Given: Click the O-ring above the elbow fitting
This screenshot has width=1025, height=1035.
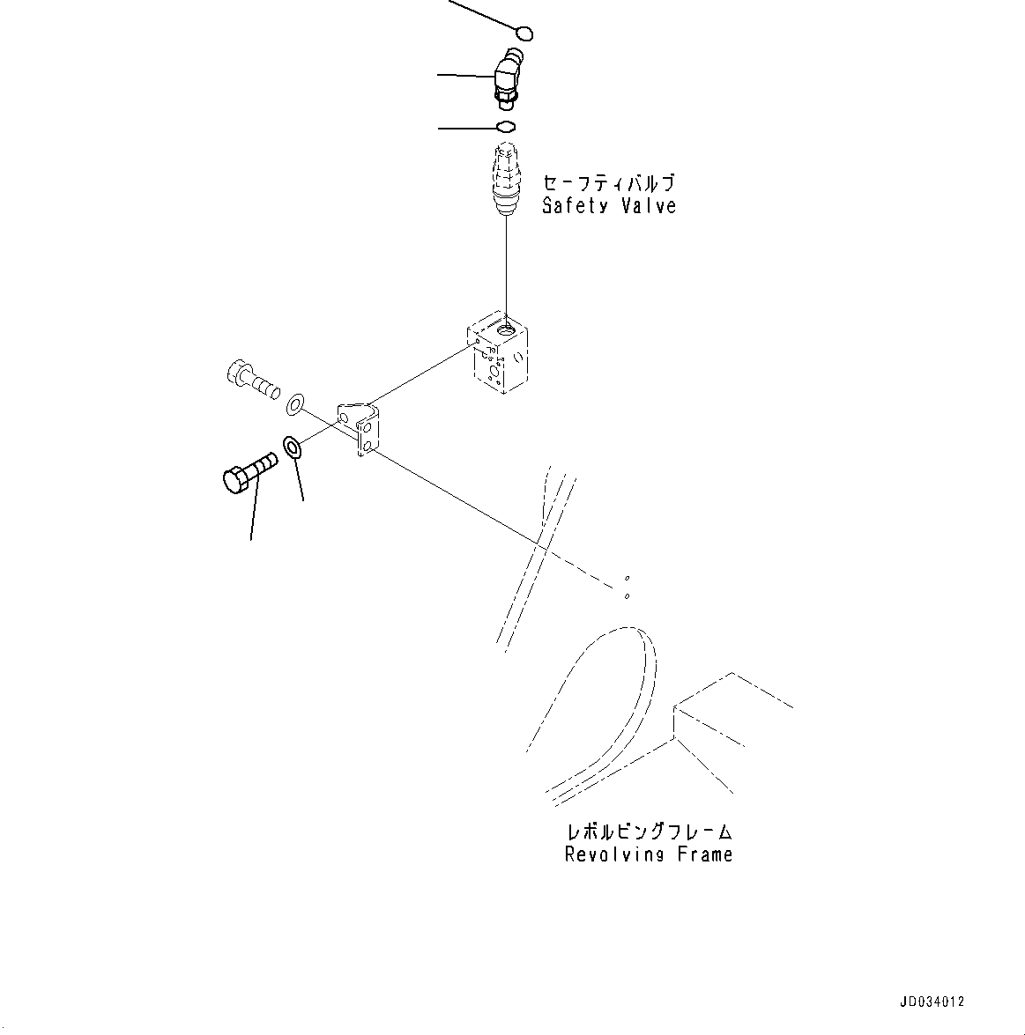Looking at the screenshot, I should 524,34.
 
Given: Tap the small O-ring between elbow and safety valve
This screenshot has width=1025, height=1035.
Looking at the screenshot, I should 506,128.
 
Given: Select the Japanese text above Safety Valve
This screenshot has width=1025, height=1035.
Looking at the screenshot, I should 608,184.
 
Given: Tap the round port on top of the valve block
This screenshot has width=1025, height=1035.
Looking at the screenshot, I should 509,330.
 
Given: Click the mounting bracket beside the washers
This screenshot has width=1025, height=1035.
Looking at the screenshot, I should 360,429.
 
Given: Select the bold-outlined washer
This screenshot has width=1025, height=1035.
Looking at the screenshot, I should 293,447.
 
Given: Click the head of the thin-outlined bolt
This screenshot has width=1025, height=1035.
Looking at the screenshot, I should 237,374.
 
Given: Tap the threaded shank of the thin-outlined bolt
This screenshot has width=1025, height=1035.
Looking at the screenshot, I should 264,387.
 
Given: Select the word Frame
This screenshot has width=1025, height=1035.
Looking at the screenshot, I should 705,855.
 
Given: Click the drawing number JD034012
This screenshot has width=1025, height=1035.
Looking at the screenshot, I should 932,1002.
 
